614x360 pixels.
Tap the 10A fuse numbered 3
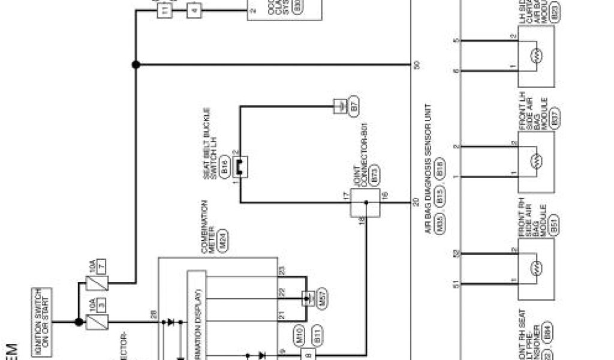point(96,322)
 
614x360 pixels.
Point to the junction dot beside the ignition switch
point(78,322)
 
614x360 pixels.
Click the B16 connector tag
point(224,167)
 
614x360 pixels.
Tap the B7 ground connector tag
point(354,107)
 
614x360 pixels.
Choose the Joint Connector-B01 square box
point(365,203)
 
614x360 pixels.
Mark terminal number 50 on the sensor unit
point(416,64)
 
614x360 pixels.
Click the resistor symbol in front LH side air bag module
point(537,161)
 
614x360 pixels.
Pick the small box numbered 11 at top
point(165,10)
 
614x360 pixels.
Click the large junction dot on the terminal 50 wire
point(136,64)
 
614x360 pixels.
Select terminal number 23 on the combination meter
point(282,270)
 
